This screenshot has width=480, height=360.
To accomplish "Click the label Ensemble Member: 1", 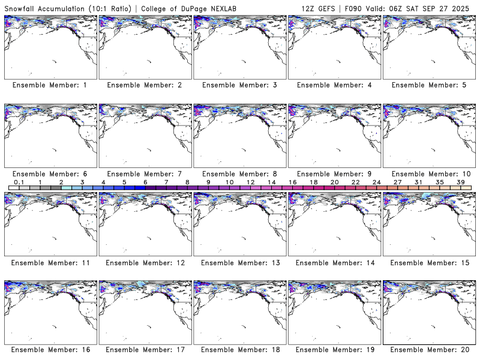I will [x=50, y=85].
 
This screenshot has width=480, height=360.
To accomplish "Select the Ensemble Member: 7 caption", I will [x=144, y=174].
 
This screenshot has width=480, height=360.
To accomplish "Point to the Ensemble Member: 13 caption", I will [x=239, y=263].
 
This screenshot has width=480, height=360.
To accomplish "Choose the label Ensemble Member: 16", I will [x=50, y=350].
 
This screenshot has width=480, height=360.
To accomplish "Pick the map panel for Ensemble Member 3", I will [x=239, y=46].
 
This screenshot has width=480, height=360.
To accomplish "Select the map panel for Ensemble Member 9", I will [x=334, y=135].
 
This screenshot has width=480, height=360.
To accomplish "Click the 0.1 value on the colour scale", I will [x=19, y=182].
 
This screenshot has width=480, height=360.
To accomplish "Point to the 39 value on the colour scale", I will [x=460, y=182].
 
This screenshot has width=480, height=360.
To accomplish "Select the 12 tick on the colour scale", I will [x=250, y=182].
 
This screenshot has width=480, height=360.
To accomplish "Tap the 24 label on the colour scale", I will [x=376, y=182].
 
